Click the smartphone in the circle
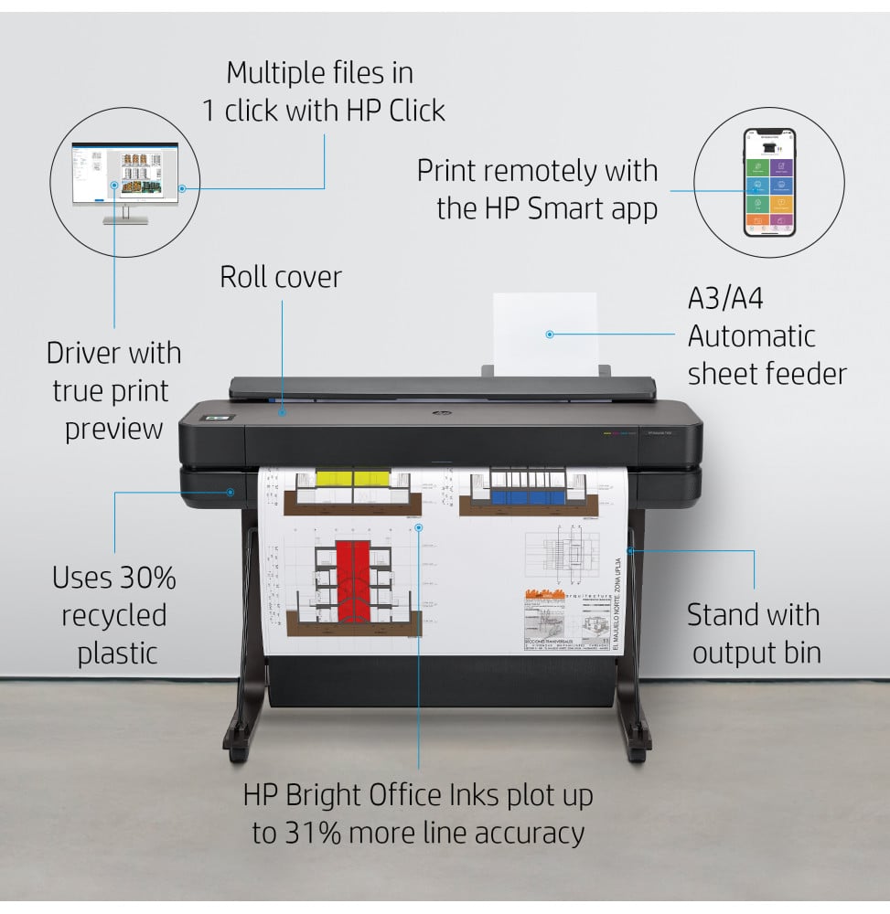(768, 182)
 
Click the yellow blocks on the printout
(352, 478)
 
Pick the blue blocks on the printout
(529, 497)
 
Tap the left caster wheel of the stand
(238, 755)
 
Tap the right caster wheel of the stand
(638, 755)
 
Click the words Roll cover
(280, 277)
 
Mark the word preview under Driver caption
(113, 429)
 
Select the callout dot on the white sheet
(550, 335)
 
